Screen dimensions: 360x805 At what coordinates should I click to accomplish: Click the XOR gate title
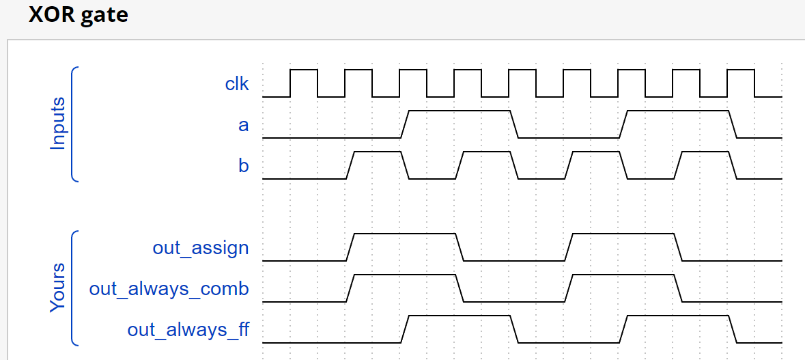[x=79, y=14]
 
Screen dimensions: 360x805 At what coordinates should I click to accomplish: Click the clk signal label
[x=237, y=85]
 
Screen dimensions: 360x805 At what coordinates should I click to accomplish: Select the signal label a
[x=243, y=126]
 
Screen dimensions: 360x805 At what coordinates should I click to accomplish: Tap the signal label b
[x=243, y=166]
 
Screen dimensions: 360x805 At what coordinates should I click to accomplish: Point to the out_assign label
[x=201, y=248]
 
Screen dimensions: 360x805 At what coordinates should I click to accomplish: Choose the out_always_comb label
[x=169, y=289]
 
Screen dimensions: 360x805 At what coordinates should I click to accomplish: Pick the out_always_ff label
[x=188, y=330]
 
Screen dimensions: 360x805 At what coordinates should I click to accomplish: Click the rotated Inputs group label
[x=59, y=123]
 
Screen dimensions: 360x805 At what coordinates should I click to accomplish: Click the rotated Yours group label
[x=59, y=287]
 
